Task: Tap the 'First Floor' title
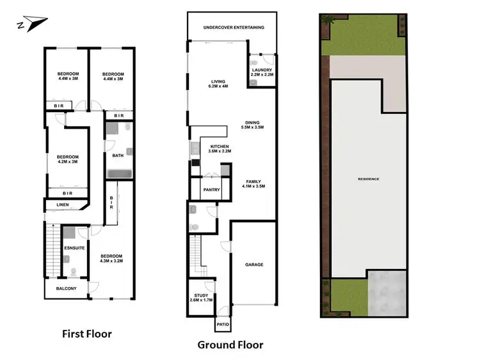tap(86, 334)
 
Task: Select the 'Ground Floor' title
tap(230, 345)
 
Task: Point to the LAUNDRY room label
tap(262, 72)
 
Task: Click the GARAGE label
tap(254, 264)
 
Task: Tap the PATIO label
tap(222, 325)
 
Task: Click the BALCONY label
tap(65, 289)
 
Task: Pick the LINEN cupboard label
tap(63, 205)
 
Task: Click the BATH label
tap(118, 155)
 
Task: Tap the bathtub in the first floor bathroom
tap(119, 174)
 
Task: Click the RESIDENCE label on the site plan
tap(368, 179)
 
